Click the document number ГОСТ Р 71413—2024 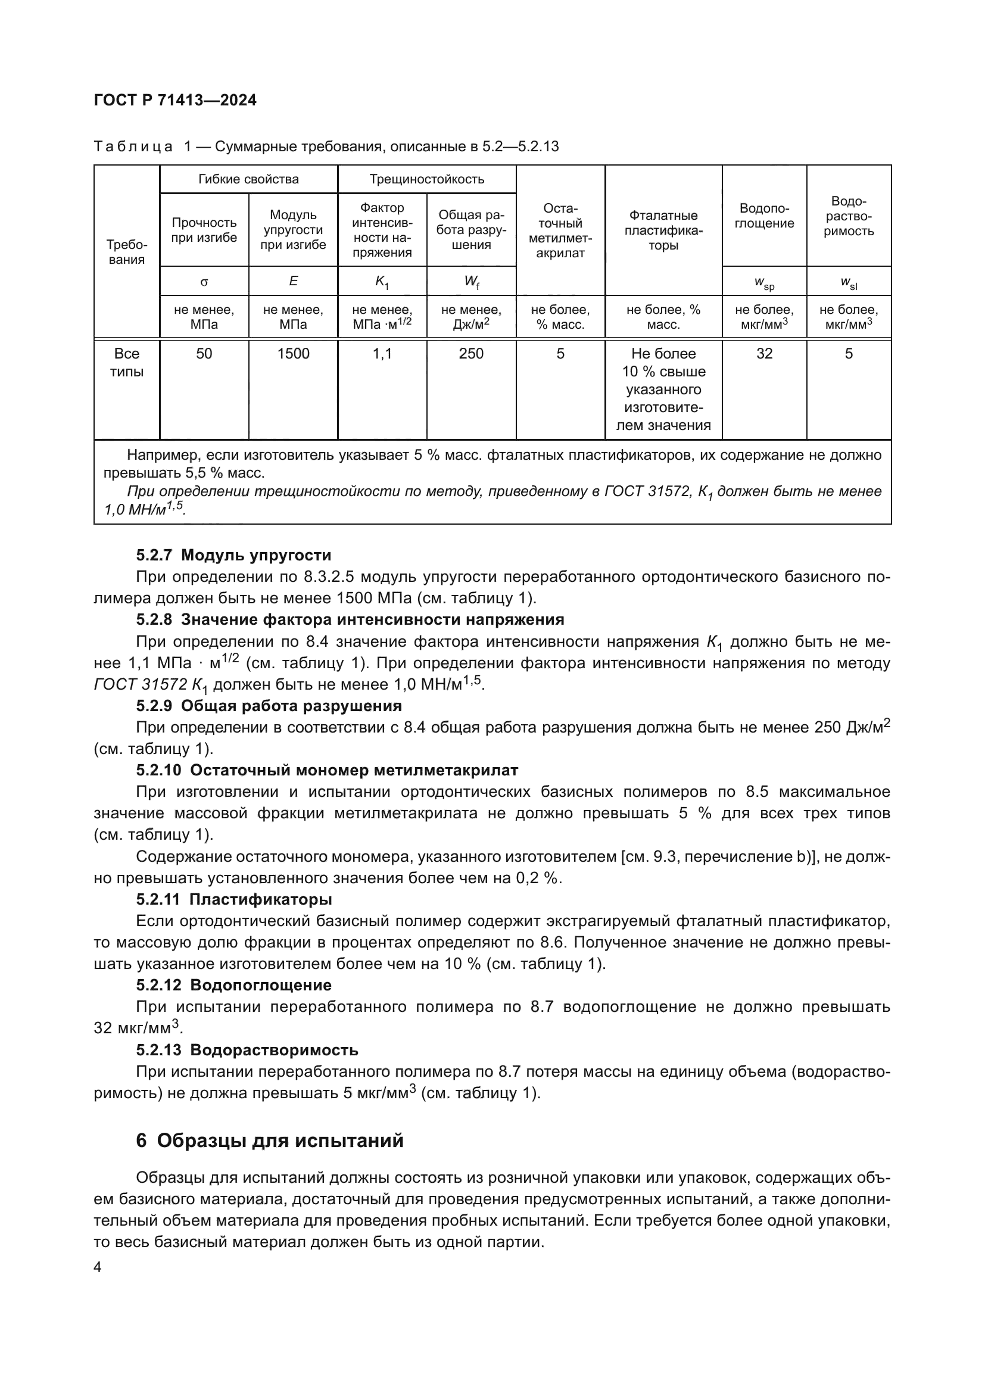[x=175, y=101]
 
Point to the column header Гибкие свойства [x=248, y=179]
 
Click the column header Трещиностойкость [x=426, y=179]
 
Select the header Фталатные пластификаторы [x=663, y=230]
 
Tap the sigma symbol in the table [x=204, y=282]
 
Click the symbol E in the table [x=293, y=281]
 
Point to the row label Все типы [x=126, y=362]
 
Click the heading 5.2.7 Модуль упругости [x=233, y=555]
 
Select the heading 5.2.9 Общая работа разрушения [x=269, y=706]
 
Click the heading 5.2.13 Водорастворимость [x=247, y=1049]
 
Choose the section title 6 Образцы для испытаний [x=269, y=1140]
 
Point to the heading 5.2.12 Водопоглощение [x=233, y=984]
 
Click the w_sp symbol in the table [x=763, y=283]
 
